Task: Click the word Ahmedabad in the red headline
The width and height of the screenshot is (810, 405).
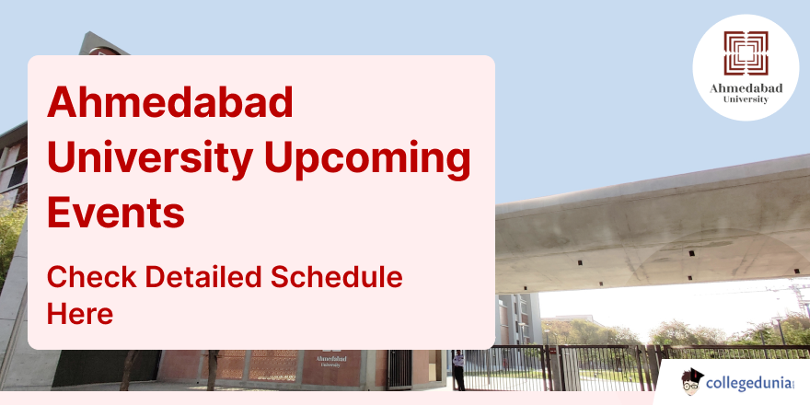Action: point(170,102)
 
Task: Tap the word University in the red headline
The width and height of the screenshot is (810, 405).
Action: point(150,158)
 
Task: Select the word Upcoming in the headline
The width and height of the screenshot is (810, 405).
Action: point(367,158)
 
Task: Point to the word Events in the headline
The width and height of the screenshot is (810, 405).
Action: point(116,213)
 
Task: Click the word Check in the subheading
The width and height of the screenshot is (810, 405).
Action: point(92,277)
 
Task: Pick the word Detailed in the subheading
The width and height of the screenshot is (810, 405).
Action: point(204,277)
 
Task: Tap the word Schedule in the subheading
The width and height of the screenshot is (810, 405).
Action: point(336,277)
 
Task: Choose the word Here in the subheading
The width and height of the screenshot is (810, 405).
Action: point(80,314)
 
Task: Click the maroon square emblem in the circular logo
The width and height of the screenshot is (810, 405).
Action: point(746,53)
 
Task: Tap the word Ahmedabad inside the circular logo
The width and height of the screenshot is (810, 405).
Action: point(746,88)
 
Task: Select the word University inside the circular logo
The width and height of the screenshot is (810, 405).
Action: point(746,99)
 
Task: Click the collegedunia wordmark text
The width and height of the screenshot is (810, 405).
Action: point(749,384)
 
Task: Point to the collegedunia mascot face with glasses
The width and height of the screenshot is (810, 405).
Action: point(692,382)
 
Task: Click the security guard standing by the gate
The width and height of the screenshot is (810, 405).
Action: point(458,370)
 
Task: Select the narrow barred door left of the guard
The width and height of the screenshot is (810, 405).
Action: point(399,369)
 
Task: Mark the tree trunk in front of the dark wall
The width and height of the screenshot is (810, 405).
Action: point(213,370)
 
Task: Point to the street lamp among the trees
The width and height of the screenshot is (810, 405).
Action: point(779,330)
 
